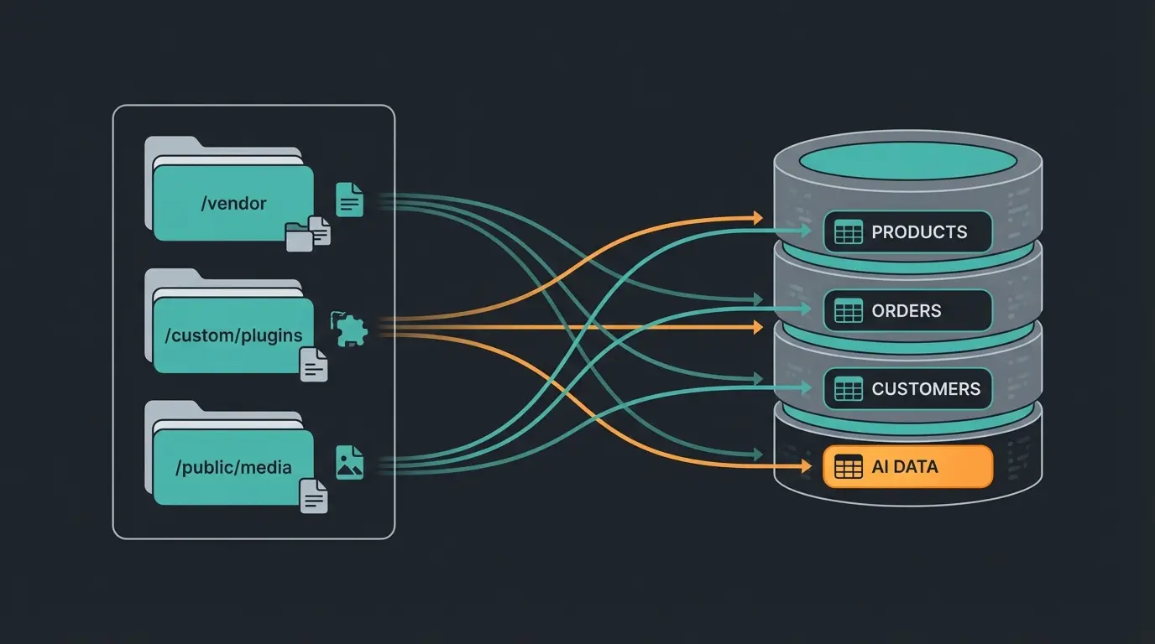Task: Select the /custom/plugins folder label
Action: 233,335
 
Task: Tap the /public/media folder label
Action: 233,467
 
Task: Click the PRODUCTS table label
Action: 919,232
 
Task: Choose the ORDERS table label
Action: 906,311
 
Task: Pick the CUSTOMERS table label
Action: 925,389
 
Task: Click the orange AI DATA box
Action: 907,467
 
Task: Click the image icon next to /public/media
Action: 349,462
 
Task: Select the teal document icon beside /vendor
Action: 349,200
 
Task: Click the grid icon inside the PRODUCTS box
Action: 848,232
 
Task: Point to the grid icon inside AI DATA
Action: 848,467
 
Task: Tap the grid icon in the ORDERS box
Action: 848,311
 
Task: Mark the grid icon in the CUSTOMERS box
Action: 848,389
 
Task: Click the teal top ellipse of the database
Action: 907,158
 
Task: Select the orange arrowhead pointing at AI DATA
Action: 758,455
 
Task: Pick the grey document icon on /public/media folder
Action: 314,496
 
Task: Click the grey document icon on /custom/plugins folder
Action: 314,365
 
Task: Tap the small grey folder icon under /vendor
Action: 299,237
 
